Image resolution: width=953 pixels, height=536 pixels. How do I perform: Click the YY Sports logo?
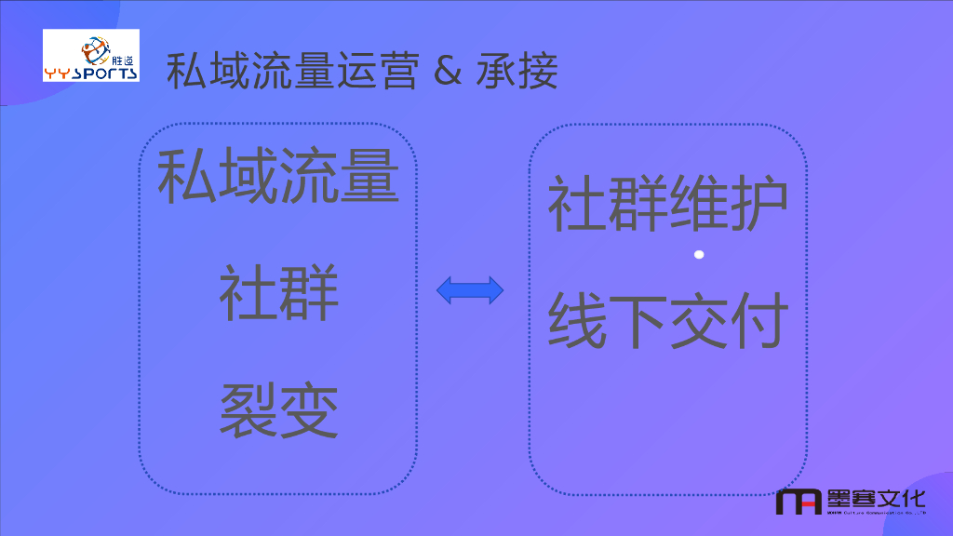pyautogui.click(x=91, y=55)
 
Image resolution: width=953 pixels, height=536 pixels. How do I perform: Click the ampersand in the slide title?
pyautogui.click(x=448, y=73)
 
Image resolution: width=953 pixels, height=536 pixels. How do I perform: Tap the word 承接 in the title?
pyautogui.click(x=517, y=72)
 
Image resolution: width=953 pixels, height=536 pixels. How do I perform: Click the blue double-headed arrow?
pyautogui.click(x=470, y=291)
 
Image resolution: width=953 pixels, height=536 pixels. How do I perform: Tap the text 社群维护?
pyautogui.click(x=667, y=204)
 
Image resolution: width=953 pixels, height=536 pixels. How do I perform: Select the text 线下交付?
pyautogui.click(x=667, y=321)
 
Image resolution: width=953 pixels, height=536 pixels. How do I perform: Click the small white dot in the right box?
pyautogui.click(x=699, y=254)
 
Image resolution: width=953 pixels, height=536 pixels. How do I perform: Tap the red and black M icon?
pyautogui.click(x=799, y=502)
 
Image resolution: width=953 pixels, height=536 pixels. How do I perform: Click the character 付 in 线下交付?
pyautogui.click(x=758, y=321)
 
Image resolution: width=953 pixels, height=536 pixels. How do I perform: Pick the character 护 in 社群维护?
pyautogui.click(x=758, y=204)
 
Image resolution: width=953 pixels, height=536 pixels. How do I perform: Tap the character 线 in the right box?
pyautogui.click(x=577, y=321)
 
